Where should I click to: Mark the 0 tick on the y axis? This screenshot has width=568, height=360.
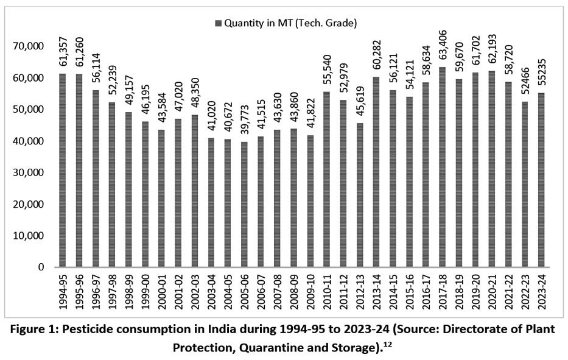tap(41, 267)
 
